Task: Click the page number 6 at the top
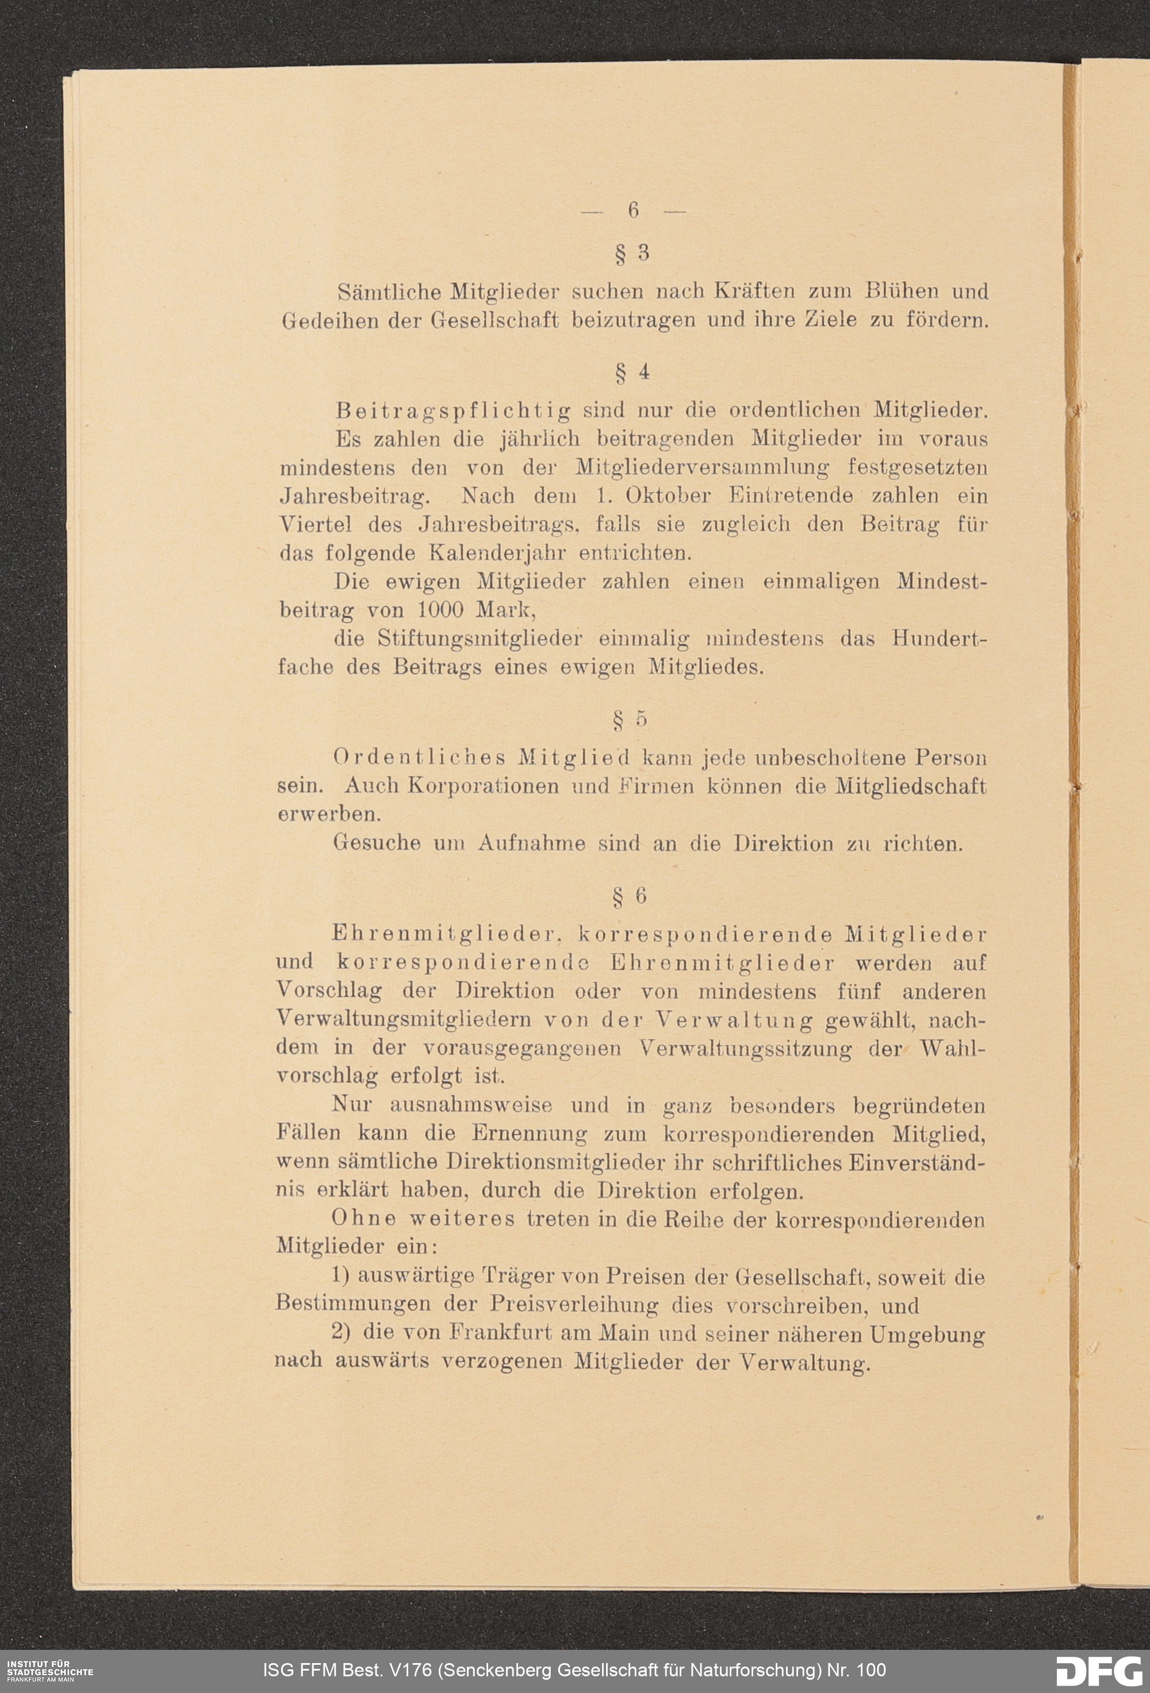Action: [633, 211]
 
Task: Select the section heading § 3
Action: [632, 254]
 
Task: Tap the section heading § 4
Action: [632, 372]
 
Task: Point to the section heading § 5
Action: [631, 719]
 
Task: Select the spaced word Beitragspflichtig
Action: [453, 411]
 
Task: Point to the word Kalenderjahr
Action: [497, 553]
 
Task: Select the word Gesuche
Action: [377, 843]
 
